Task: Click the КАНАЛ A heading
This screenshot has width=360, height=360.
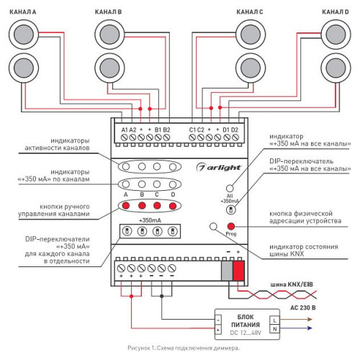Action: tap(23, 12)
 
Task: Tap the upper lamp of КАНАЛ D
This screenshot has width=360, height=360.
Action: tap(336, 35)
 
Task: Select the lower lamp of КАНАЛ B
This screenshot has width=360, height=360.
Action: tap(109, 68)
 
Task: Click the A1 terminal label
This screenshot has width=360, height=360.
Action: tap(125, 130)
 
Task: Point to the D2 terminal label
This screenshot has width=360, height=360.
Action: tap(235, 130)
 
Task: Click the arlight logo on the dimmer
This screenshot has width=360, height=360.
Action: tap(219, 167)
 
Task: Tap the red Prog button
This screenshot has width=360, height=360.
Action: tap(231, 226)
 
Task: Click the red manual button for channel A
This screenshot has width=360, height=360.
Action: tap(126, 205)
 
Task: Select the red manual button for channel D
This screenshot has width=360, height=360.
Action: tap(173, 206)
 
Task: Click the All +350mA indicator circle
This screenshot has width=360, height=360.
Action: tap(230, 188)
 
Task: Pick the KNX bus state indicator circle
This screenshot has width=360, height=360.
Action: tap(213, 226)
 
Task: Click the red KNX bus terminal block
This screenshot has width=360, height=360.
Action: tap(238, 271)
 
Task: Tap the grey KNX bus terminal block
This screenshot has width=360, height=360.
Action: tap(227, 271)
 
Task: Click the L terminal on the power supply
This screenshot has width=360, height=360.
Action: tap(275, 320)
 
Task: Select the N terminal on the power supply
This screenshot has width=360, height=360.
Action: tap(275, 329)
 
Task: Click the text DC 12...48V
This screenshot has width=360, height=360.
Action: tap(246, 333)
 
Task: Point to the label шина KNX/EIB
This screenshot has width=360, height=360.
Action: tap(292, 284)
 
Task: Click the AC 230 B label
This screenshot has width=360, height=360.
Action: tap(303, 307)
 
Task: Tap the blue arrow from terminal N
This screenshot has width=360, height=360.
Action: tap(296, 328)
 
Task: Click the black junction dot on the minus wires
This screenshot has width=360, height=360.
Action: tap(161, 296)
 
